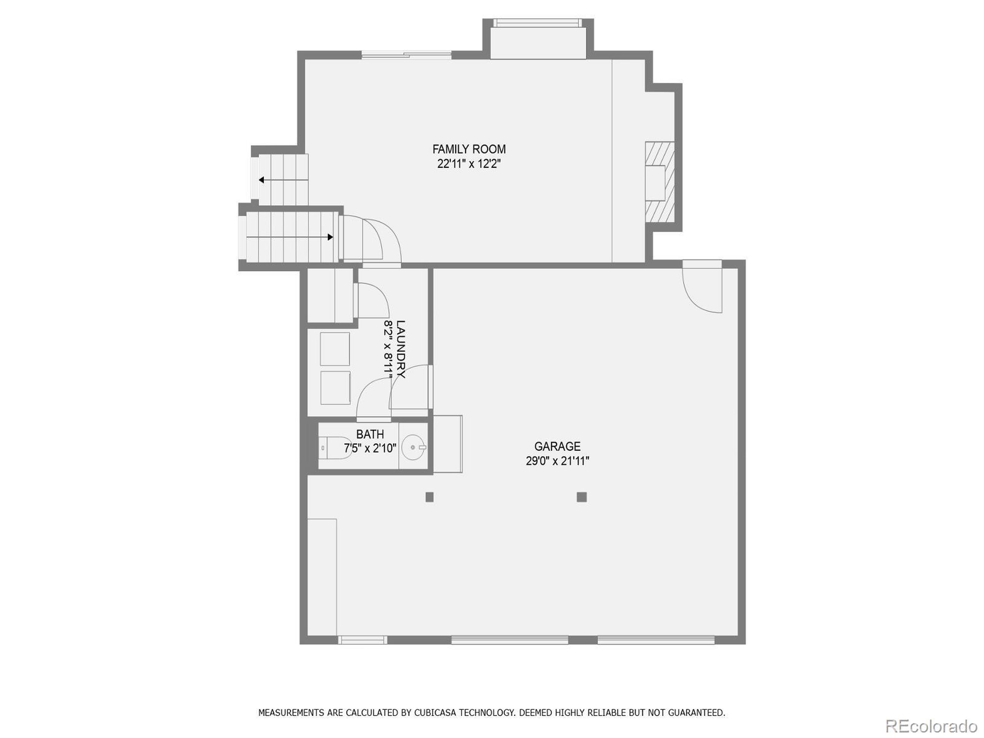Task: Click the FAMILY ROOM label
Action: (469, 149)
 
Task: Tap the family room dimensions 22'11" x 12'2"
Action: (469, 164)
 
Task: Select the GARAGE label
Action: (557, 446)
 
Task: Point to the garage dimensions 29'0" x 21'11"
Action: (557, 461)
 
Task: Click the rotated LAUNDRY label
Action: (401, 349)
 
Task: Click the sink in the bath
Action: (412, 447)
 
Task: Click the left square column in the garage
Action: (429, 497)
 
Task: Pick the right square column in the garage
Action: (582, 497)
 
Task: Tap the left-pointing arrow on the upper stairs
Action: (262, 180)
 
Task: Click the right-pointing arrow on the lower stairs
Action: (330, 237)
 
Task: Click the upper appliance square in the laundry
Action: (334, 349)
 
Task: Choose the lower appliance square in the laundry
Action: (334, 388)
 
